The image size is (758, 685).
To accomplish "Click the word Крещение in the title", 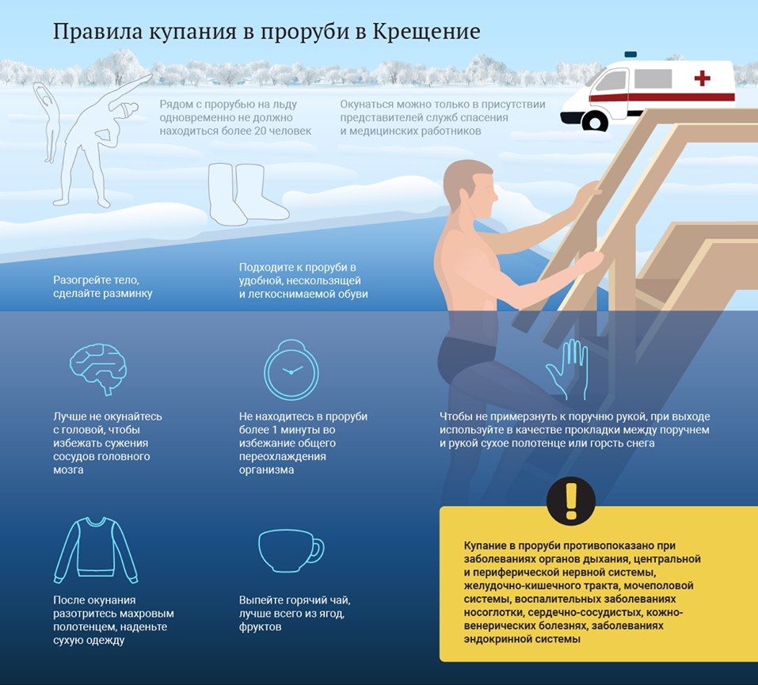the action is (x=426, y=32).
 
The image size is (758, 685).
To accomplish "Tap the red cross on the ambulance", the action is (x=702, y=78).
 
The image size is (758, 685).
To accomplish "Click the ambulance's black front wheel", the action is (x=595, y=121).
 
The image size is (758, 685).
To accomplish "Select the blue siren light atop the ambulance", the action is (x=630, y=55).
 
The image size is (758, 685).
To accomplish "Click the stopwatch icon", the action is (x=291, y=370).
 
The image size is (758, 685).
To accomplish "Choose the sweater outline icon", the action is (x=95, y=550).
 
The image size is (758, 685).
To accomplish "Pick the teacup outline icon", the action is (x=291, y=550).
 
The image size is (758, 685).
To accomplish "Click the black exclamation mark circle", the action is (x=571, y=500).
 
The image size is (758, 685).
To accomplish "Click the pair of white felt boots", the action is (x=247, y=193).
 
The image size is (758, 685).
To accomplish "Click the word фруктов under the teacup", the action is (x=260, y=627).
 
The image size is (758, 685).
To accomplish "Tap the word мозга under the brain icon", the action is (x=68, y=470).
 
